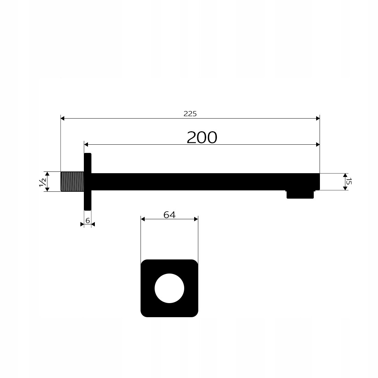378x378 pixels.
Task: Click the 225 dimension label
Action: click(x=190, y=113)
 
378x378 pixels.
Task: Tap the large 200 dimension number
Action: click(x=202, y=137)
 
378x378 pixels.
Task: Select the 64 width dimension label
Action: click(x=169, y=214)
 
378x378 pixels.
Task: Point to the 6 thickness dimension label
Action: click(x=88, y=220)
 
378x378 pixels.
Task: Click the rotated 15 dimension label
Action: click(x=349, y=181)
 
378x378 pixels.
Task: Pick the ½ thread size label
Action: click(x=43, y=182)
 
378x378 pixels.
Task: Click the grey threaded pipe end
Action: click(x=72, y=181)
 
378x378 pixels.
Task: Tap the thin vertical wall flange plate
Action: click(x=88, y=181)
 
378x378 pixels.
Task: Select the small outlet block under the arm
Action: click(x=300, y=194)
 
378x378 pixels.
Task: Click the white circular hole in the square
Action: click(x=169, y=288)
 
